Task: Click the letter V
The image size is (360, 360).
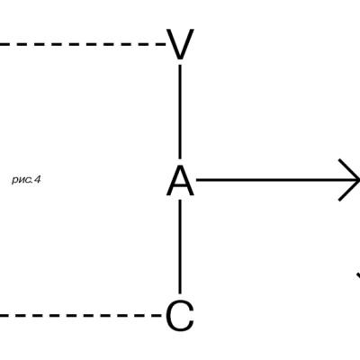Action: [180, 44]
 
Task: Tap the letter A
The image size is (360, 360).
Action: [180, 181]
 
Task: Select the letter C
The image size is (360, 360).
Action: [180, 316]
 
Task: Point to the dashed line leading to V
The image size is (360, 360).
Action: [83, 44]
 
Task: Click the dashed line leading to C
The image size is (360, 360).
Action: [81, 315]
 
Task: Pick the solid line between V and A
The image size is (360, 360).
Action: [180, 112]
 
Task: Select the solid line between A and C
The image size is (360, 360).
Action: [180, 247]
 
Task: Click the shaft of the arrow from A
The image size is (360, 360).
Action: [277, 180]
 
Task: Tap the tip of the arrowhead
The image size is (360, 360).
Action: [359, 180]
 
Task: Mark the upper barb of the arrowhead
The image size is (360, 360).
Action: [349, 169]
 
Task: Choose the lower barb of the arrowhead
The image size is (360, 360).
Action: [349, 191]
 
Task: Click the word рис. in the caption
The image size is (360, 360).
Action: [22, 180]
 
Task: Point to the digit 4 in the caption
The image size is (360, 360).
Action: [37, 180]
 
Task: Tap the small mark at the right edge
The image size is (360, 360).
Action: [358, 275]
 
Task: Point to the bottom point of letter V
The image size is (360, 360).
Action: [180, 58]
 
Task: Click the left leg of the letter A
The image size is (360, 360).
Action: [173, 181]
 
